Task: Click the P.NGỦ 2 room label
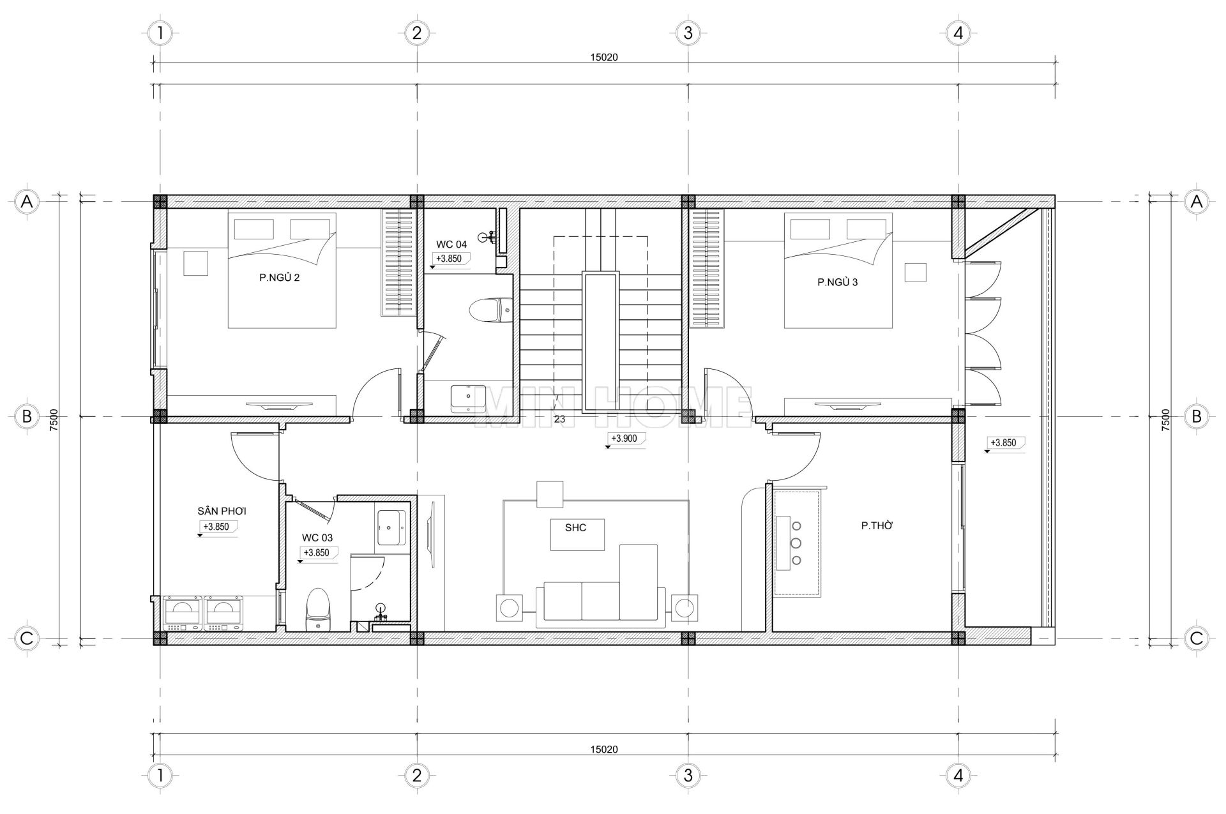click(279, 278)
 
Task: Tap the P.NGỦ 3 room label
click(838, 282)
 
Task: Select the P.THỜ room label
click(877, 526)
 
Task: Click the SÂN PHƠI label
click(222, 511)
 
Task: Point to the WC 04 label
click(451, 245)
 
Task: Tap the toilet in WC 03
click(317, 610)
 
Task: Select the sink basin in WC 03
click(391, 527)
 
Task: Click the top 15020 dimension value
click(603, 57)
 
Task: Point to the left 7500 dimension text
click(54, 421)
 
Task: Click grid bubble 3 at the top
click(688, 33)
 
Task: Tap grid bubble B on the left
click(27, 416)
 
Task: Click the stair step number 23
click(559, 419)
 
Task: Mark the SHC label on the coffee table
click(575, 528)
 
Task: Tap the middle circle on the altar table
click(796, 543)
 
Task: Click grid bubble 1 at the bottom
click(160, 775)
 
